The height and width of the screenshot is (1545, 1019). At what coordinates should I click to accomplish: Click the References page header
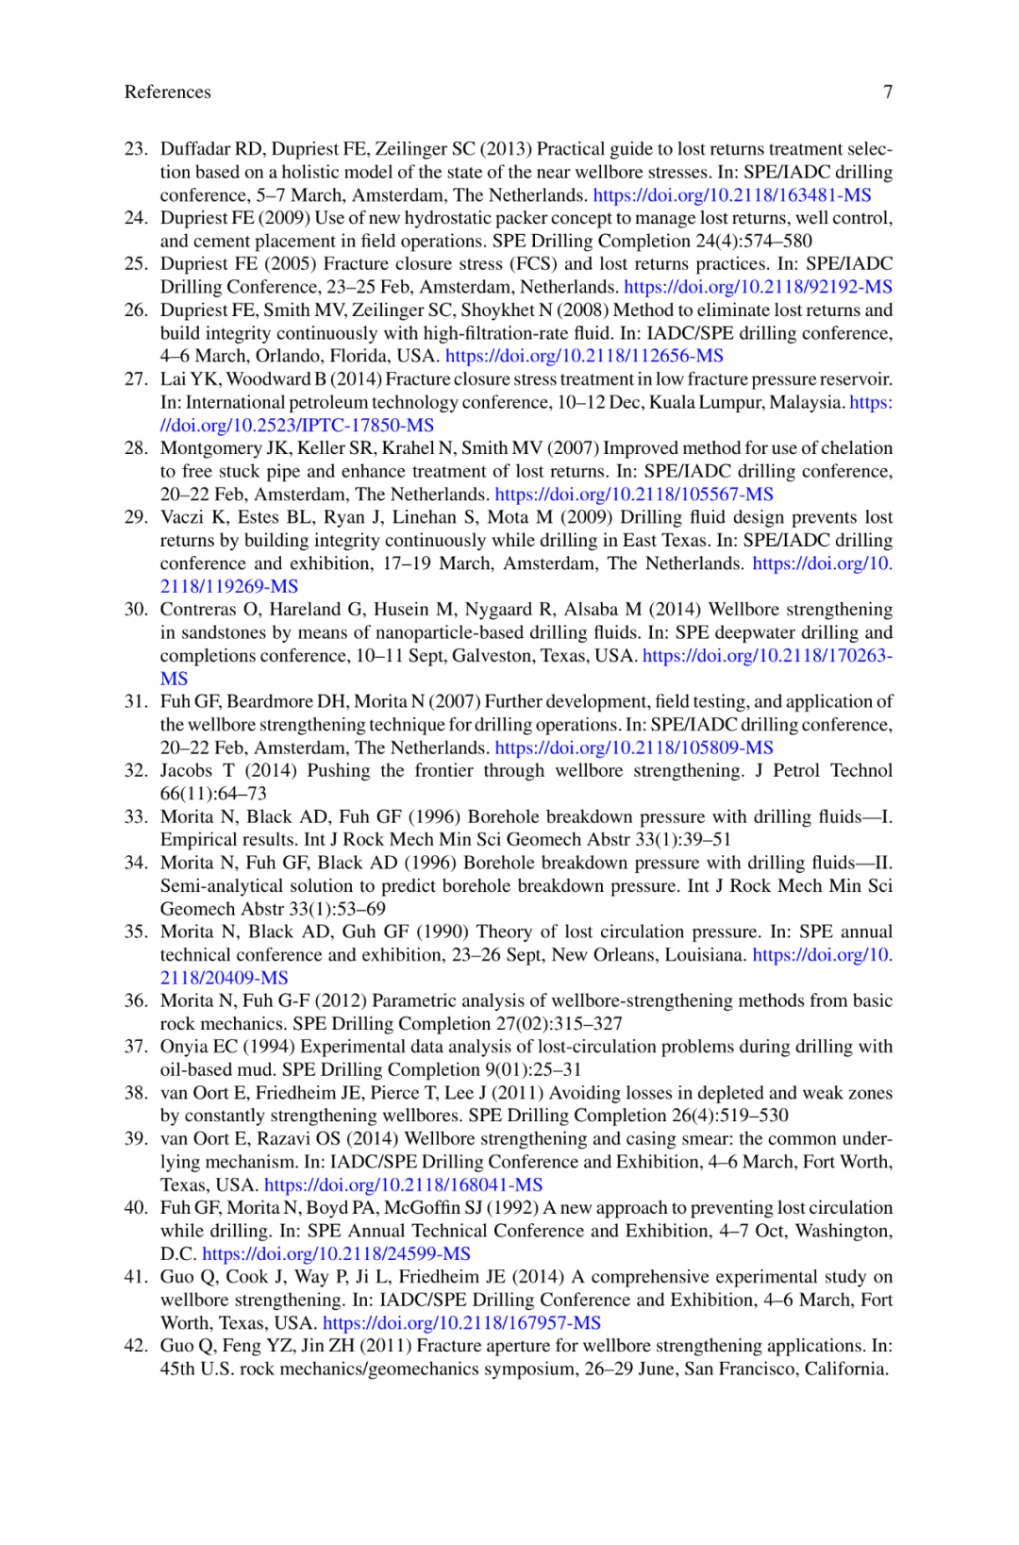click(x=167, y=92)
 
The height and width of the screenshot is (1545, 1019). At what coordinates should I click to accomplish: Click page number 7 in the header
click(x=887, y=92)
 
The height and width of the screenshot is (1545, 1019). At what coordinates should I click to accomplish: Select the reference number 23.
click(x=136, y=149)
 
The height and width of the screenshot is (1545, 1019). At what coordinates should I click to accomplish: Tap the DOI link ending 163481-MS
click(x=731, y=195)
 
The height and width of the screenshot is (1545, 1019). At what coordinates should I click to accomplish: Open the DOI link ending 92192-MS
click(x=758, y=287)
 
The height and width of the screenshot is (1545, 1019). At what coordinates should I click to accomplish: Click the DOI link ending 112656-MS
click(x=584, y=356)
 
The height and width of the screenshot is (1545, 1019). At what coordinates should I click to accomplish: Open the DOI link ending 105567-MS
click(x=633, y=495)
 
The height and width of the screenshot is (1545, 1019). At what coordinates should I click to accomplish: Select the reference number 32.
click(x=136, y=771)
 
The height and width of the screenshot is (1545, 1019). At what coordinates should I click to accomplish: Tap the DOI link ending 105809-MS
click(x=633, y=748)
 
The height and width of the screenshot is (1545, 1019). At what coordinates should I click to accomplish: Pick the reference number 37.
click(x=136, y=1047)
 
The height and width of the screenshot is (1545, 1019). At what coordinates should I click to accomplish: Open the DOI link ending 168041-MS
click(x=403, y=1185)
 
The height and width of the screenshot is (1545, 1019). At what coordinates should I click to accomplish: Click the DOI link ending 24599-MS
click(x=336, y=1254)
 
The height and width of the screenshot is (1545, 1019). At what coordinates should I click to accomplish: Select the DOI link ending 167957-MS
click(x=461, y=1323)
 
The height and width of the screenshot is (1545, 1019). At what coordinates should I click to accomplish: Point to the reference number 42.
click(x=136, y=1346)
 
